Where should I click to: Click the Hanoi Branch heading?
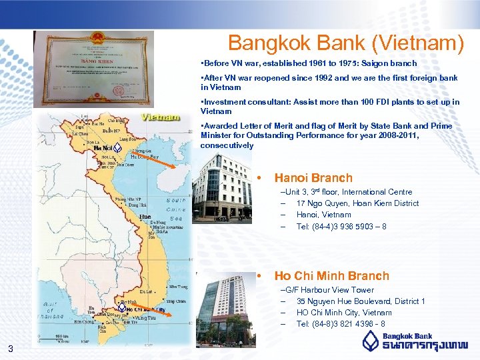[x=313, y=178]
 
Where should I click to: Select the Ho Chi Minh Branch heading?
[x=331, y=275]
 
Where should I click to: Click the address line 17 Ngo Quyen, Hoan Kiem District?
[x=357, y=203]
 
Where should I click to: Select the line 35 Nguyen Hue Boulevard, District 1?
[x=361, y=301]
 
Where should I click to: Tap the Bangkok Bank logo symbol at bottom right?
[x=372, y=342]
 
